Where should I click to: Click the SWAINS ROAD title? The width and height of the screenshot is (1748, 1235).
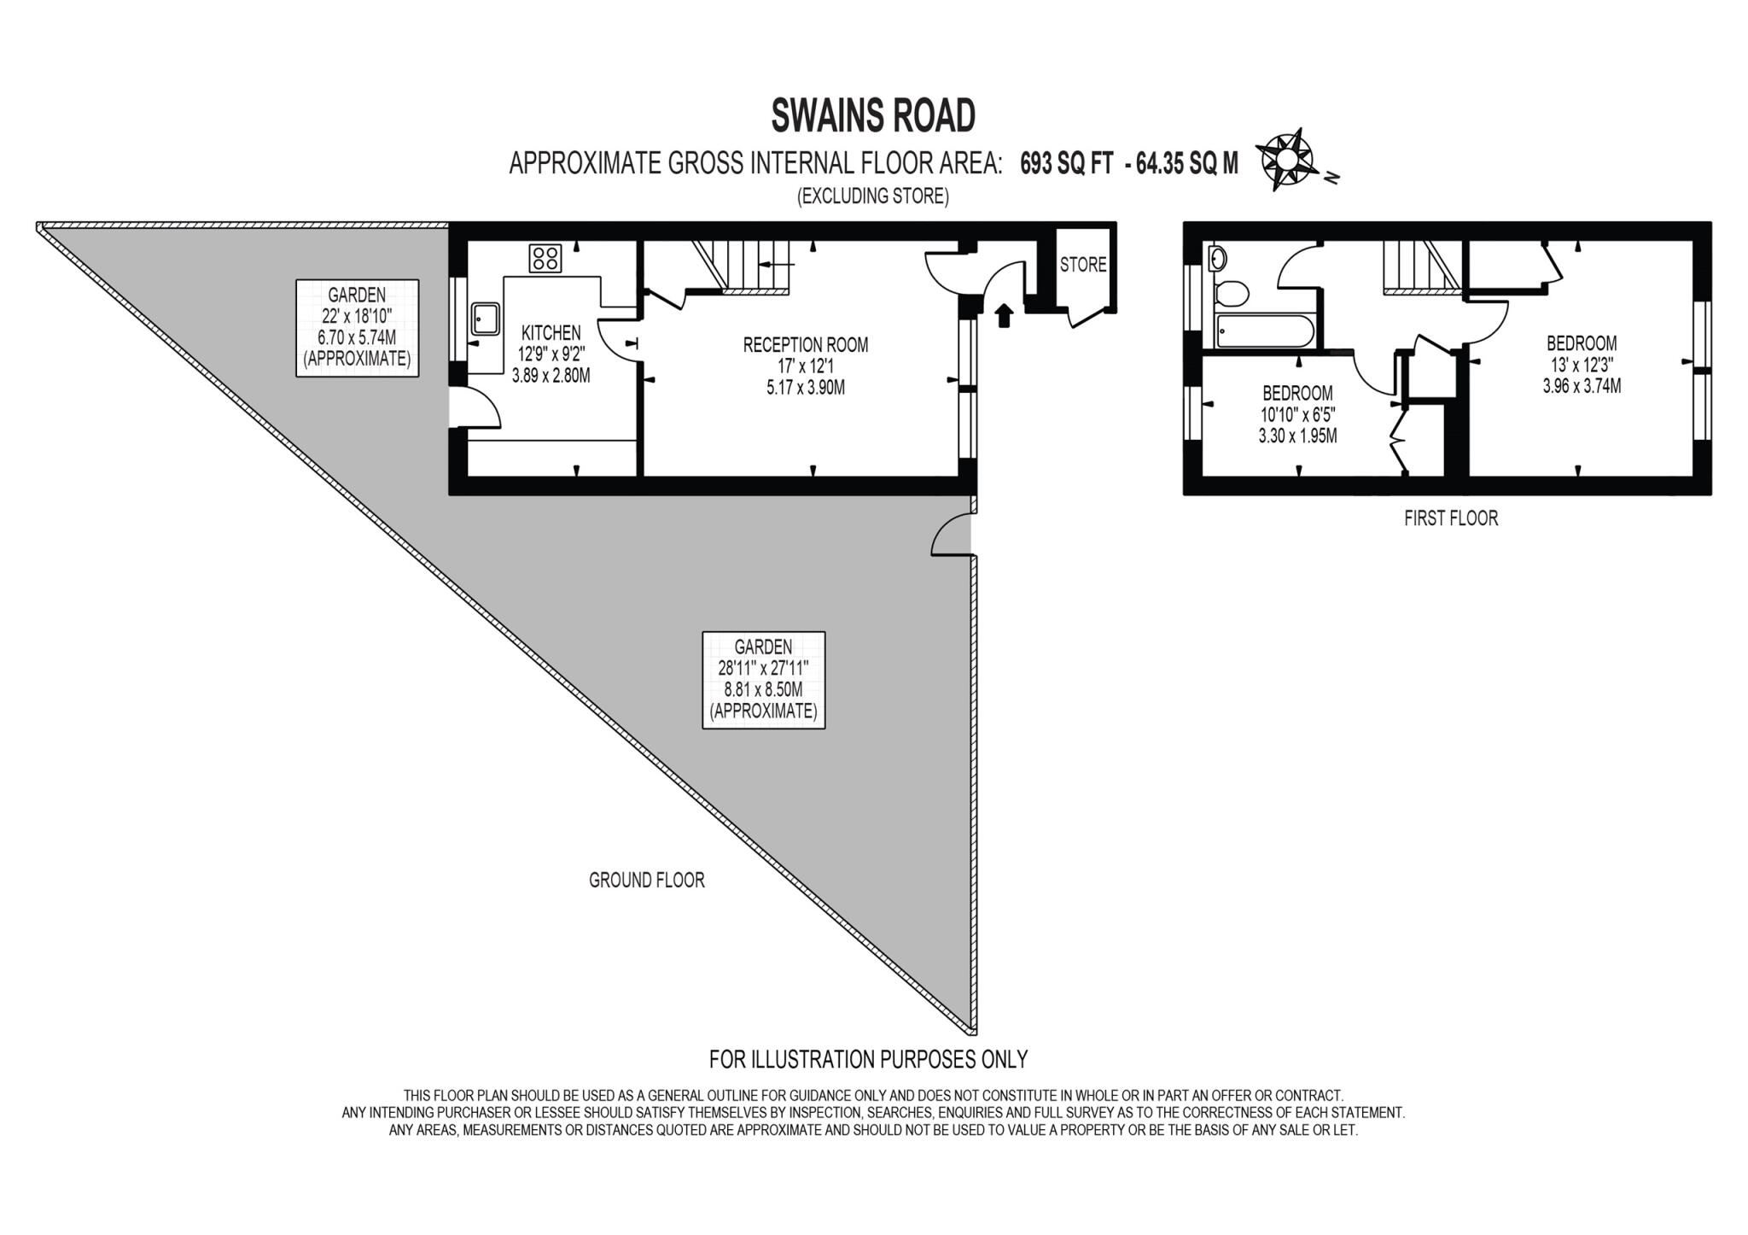point(872,116)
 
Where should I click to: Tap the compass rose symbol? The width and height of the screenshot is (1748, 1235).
point(1286,160)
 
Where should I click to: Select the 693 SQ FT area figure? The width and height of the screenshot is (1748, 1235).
point(1067,163)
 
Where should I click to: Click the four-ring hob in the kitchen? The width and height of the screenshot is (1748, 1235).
point(545,258)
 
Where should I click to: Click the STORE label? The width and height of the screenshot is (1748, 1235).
point(1083,265)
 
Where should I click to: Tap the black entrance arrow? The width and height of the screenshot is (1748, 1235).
point(1004,315)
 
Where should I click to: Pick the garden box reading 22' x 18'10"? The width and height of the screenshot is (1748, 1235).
point(357,328)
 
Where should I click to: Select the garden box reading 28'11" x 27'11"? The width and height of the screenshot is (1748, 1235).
point(763,679)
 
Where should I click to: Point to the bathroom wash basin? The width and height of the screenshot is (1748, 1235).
point(1217,257)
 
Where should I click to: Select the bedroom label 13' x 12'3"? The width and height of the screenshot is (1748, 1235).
point(1582,364)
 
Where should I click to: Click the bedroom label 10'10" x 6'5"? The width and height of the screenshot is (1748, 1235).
point(1297,414)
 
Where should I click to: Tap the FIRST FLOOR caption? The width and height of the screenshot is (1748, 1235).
point(1450,518)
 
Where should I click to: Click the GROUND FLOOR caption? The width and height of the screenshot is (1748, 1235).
point(646,880)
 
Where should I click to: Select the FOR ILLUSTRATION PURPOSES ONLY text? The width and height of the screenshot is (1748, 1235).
point(868,1059)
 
